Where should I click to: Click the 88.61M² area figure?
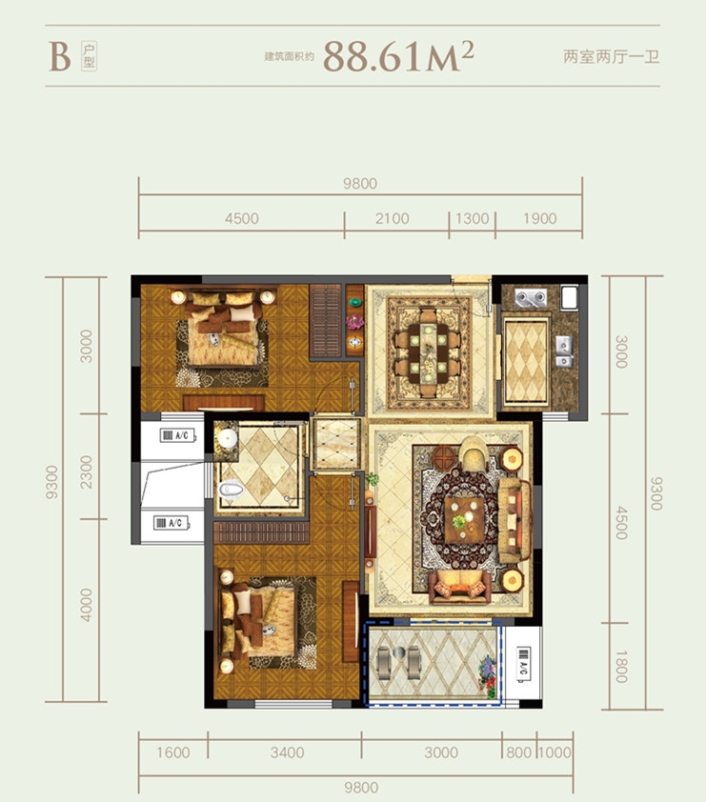398,56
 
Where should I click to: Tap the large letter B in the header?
60,57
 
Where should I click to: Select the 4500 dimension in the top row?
241,218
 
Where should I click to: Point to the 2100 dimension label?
392,218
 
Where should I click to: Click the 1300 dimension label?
473,218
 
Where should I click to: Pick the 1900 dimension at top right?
539,218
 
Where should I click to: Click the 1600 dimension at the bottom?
172,752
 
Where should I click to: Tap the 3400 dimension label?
287,752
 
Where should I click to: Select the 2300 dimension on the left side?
87,471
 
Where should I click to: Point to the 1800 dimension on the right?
620,667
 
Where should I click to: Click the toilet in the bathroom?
232,490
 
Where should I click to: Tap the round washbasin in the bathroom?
226,438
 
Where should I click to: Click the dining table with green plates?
428,352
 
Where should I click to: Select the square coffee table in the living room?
464,520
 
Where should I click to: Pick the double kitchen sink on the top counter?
531,297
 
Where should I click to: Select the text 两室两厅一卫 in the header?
612,56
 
